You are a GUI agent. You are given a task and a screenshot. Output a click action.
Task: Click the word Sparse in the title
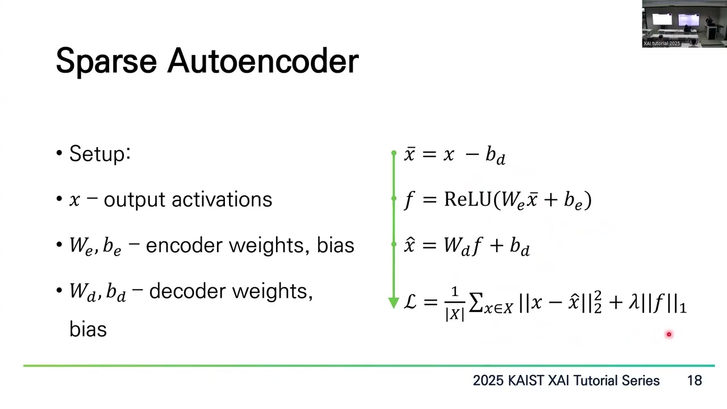click(106, 61)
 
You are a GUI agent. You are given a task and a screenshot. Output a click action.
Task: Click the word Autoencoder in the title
click(262, 61)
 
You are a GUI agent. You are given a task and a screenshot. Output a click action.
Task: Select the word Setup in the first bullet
click(97, 154)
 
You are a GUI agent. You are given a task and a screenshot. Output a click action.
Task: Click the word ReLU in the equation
click(469, 199)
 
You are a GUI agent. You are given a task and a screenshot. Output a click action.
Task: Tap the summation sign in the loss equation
click(476, 303)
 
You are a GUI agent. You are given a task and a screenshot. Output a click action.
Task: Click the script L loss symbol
click(411, 303)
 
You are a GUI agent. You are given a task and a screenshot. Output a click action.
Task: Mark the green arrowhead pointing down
click(394, 303)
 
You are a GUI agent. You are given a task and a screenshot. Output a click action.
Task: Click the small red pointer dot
click(668, 335)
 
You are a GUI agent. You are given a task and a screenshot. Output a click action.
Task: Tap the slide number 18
click(694, 381)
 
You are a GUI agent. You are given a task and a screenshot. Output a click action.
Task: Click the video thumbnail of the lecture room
click(684, 23)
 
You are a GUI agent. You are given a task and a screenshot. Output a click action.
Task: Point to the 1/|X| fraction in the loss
click(454, 304)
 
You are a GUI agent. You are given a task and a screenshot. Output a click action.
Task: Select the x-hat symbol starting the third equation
click(410, 245)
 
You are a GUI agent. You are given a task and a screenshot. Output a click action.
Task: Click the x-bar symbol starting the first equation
click(410, 155)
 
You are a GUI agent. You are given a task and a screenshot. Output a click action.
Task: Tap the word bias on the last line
click(88, 329)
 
